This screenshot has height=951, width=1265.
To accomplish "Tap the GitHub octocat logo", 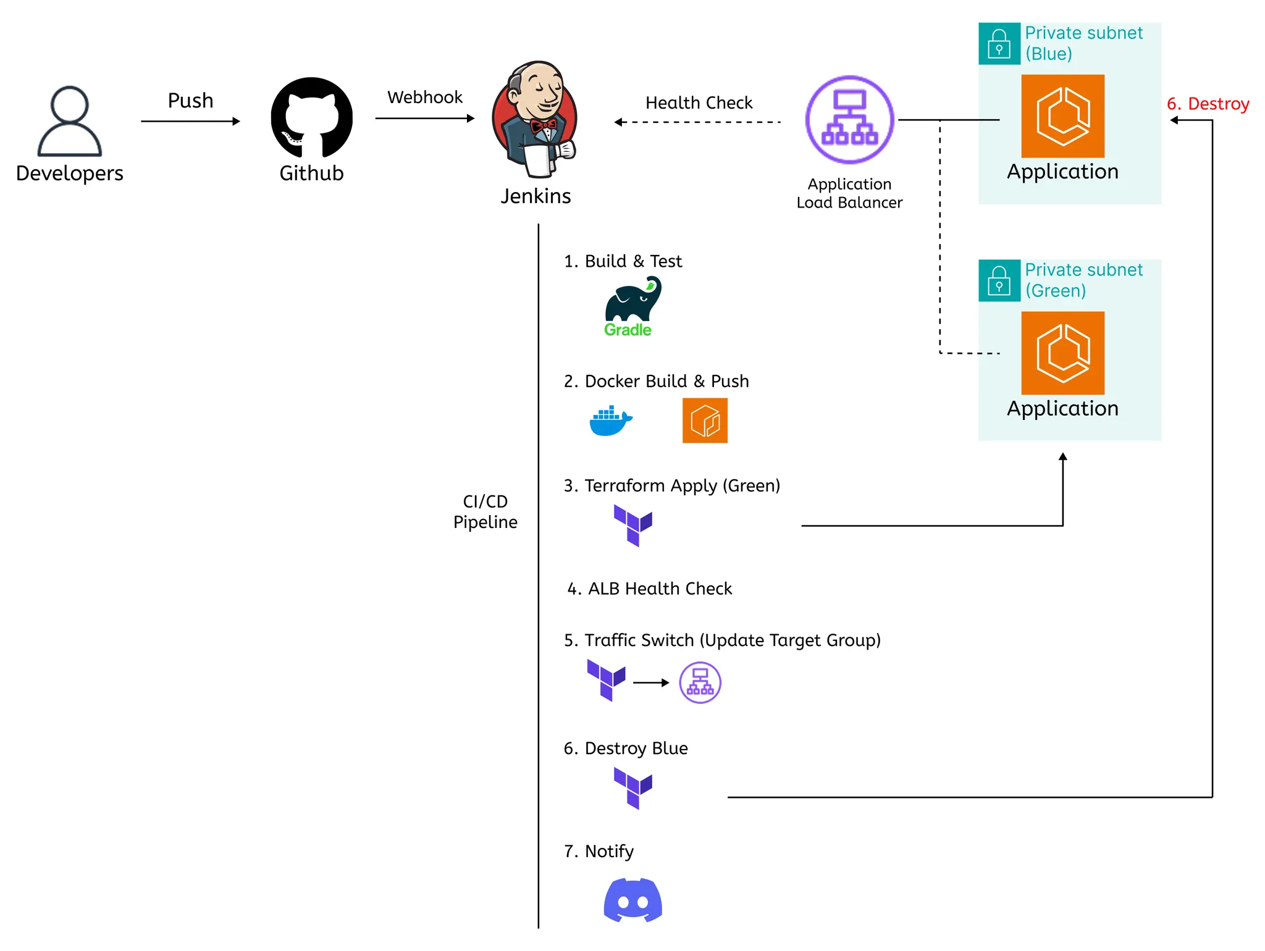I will point(311,117).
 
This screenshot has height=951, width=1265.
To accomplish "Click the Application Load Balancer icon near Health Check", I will point(849,120).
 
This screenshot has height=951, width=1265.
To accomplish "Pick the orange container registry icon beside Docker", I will point(705,421).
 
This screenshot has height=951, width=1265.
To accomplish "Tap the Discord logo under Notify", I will point(632,900).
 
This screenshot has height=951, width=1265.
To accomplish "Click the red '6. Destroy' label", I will point(1208,104).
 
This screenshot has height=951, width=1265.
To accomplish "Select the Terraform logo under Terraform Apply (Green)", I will point(632,525).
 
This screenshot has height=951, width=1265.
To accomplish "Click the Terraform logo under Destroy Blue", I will point(632,788).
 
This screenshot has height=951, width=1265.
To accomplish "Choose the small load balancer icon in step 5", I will point(700,682).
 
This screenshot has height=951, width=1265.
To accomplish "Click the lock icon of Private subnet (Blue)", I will point(999,44).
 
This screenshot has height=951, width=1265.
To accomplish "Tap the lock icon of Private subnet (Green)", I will point(999,280).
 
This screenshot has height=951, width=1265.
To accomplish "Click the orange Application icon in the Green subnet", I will point(1062,353).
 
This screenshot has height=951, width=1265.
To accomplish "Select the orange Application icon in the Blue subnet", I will point(1062,116).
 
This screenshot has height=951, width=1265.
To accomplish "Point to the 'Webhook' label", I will point(425,98).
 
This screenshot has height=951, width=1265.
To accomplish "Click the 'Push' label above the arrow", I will point(190,101).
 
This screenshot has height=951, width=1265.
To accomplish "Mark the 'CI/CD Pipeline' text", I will point(485,512).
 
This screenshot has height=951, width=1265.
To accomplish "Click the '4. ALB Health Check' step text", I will point(649,589).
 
